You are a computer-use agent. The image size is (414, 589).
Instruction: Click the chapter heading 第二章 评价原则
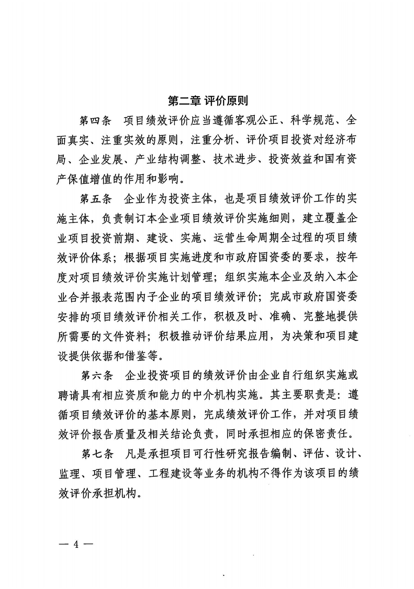coord(208,101)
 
